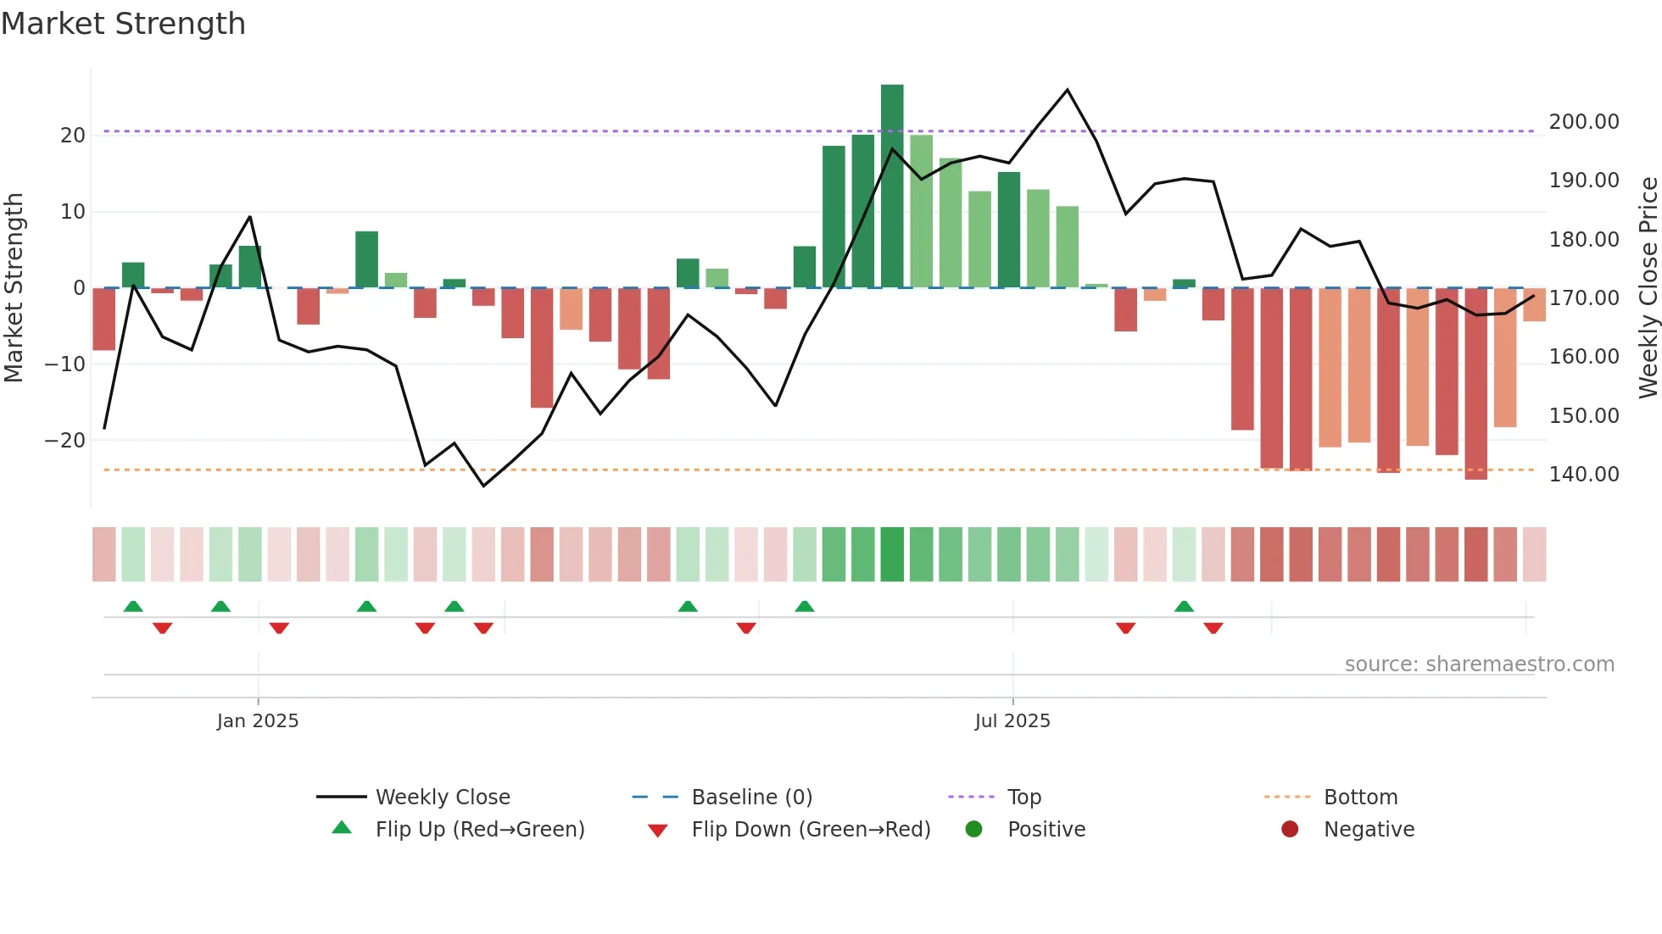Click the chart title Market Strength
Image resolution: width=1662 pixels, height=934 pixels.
click(123, 24)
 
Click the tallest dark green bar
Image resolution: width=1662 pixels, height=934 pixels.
click(892, 186)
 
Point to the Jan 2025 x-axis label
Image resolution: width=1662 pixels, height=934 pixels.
click(258, 721)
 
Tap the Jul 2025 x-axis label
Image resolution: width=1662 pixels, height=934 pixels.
click(1012, 721)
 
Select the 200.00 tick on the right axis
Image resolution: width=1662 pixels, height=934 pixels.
click(1584, 122)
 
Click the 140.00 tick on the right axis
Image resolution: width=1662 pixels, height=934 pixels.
click(1584, 475)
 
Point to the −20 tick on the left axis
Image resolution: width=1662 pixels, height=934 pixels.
click(65, 441)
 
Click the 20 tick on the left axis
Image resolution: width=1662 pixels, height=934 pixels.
click(73, 136)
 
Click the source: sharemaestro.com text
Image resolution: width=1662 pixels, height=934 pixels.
click(1479, 664)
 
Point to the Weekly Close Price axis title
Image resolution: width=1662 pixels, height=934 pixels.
click(1648, 288)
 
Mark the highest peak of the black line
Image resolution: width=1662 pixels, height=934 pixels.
click(1067, 90)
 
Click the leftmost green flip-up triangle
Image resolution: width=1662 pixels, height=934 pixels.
click(133, 607)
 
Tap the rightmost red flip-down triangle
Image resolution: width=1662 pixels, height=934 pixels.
click(1213, 628)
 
